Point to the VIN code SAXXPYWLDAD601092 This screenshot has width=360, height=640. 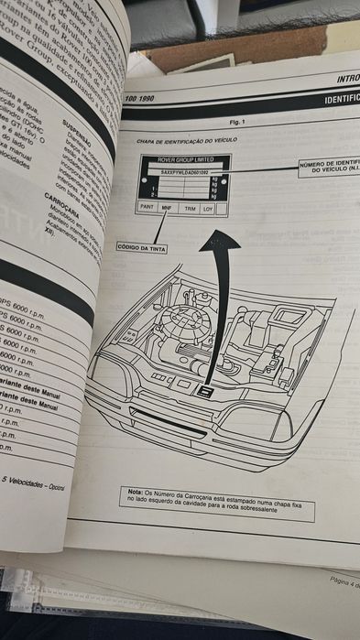(185, 172)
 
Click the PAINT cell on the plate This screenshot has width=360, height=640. (146, 209)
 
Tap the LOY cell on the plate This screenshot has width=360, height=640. (209, 208)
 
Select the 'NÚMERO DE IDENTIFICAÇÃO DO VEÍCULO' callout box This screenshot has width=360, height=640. (329, 167)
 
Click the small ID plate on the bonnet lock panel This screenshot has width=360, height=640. (207, 391)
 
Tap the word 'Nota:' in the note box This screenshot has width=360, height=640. (136, 493)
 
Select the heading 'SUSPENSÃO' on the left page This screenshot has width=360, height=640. (77, 120)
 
